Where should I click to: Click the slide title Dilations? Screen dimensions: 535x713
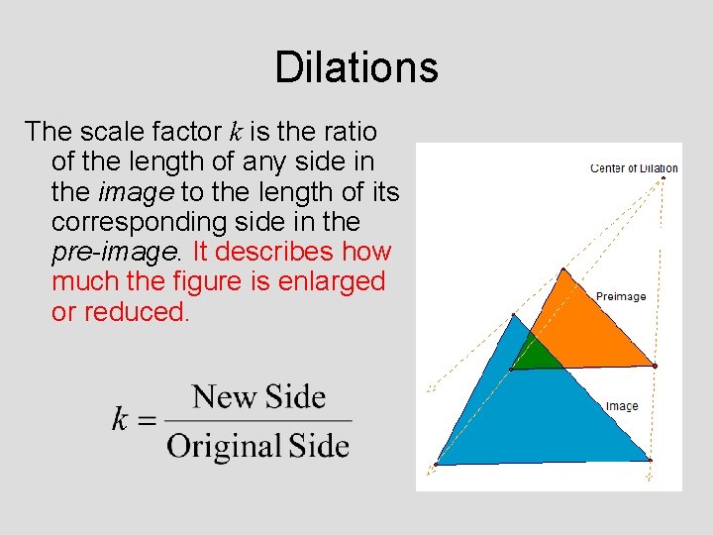pos(356,67)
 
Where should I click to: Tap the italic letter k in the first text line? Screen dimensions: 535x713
pos(236,131)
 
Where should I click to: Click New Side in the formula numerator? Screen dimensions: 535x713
pos(258,397)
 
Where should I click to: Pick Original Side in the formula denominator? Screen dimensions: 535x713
pos(258,446)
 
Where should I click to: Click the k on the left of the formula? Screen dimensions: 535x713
pos(120,420)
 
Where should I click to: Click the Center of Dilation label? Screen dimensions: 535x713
pos(634,168)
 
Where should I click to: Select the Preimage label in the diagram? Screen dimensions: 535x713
pos(621,296)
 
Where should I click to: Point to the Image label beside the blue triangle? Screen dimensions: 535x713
pos(622,406)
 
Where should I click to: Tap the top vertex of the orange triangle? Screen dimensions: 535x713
pos(563,269)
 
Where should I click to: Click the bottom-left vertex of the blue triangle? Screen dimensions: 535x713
pos(437,464)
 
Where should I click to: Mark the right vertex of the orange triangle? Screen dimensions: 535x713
pos(655,367)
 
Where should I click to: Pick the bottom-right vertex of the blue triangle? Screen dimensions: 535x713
pos(650,460)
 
